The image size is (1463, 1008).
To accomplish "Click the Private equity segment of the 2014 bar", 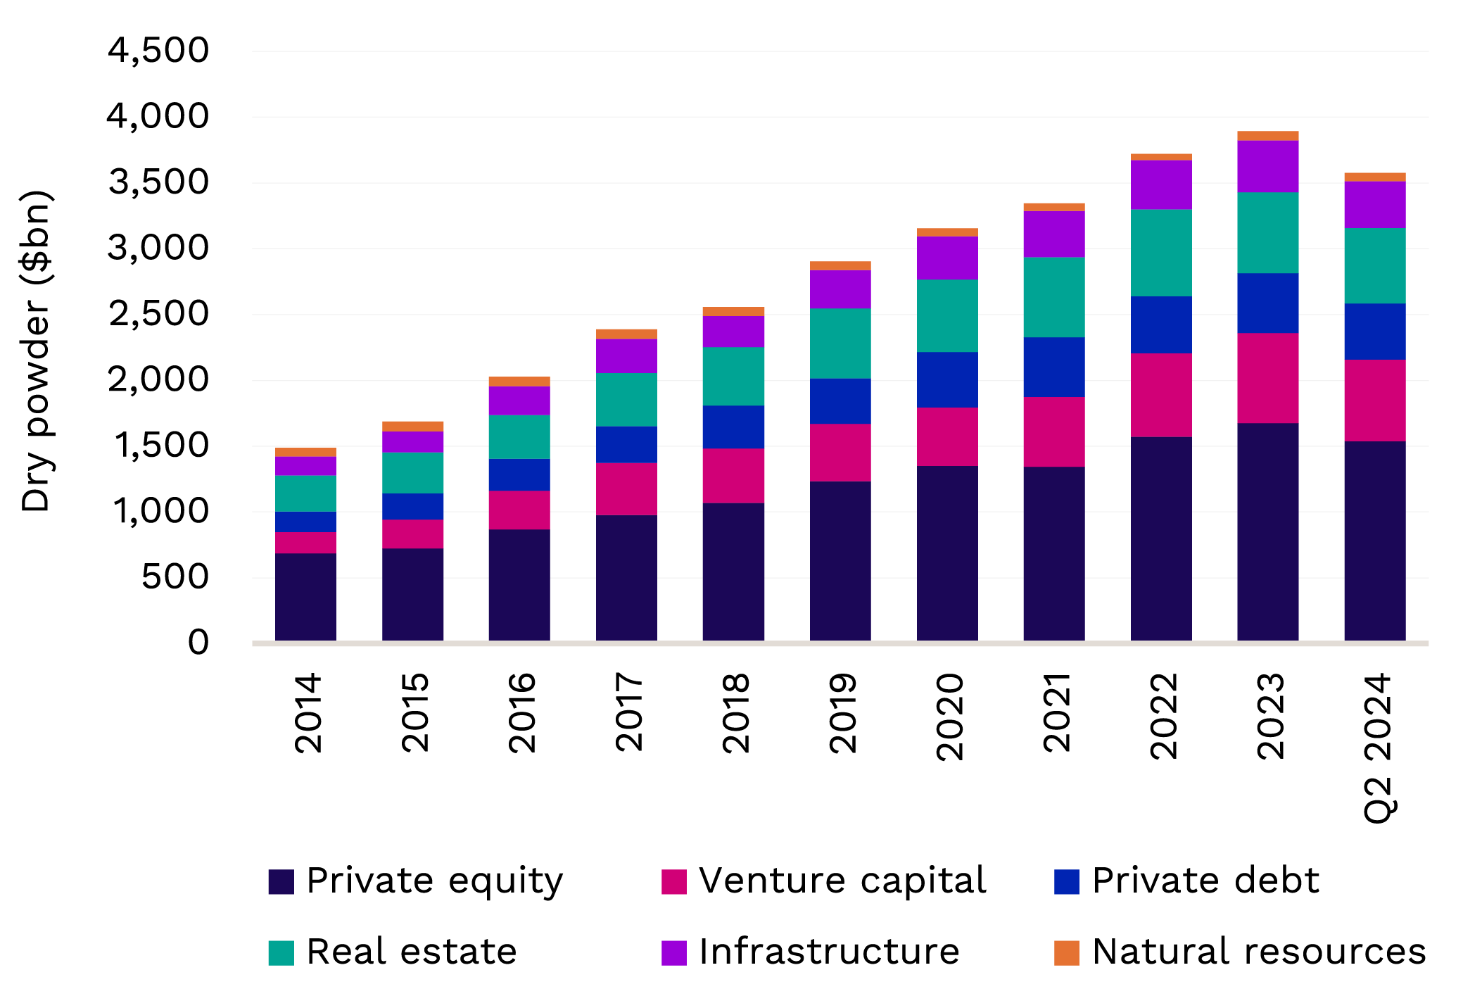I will pyautogui.click(x=305, y=596).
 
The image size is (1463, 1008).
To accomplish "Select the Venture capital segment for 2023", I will pyautogui.click(x=1267, y=378).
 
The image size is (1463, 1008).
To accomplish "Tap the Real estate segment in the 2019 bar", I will pyautogui.click(x=840, y=343).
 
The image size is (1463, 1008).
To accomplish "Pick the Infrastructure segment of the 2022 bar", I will pyautogui.click(x=1161, y=184).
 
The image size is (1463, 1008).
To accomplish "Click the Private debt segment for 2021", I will pyautogui.click(x=1053, y=367).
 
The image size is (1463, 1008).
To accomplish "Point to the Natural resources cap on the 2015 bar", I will pyautogui.click(x=412, y=426).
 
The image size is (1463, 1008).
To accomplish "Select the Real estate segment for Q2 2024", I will pyautogui.click(x=1374, y=265).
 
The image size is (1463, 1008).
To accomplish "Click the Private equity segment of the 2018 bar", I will pyautogui.click(x=733, y=571).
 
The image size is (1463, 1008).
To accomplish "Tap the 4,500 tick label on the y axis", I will pyautogui.click(x=158, y=51).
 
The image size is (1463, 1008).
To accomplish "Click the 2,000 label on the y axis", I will pyautogui.click(x=158, y=380).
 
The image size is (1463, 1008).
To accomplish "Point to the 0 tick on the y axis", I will pyautogui.click(x=198, y=643).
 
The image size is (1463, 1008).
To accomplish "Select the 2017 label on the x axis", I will pyautogui.click(x=628, y=712).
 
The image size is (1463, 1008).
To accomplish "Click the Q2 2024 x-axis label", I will pyautogui.click(x=1377, y=748).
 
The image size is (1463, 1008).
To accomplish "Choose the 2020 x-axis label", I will pyautogui.click(x=949, y=716).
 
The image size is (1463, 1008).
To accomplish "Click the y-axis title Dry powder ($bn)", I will pyautogui.click(x=36, y=351).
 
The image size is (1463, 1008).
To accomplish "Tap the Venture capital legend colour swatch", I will pyautogui.click(x=673, y=882).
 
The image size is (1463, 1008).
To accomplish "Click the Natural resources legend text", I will pyautogui.click(x=1258, y=952).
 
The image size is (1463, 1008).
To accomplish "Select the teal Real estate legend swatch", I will pyautogui.click(x=281, y=952).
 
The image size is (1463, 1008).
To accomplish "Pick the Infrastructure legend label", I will pyautogui.click(x=828, y=952).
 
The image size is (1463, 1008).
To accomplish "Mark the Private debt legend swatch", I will pyautogui.click(x=1066, y=882).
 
